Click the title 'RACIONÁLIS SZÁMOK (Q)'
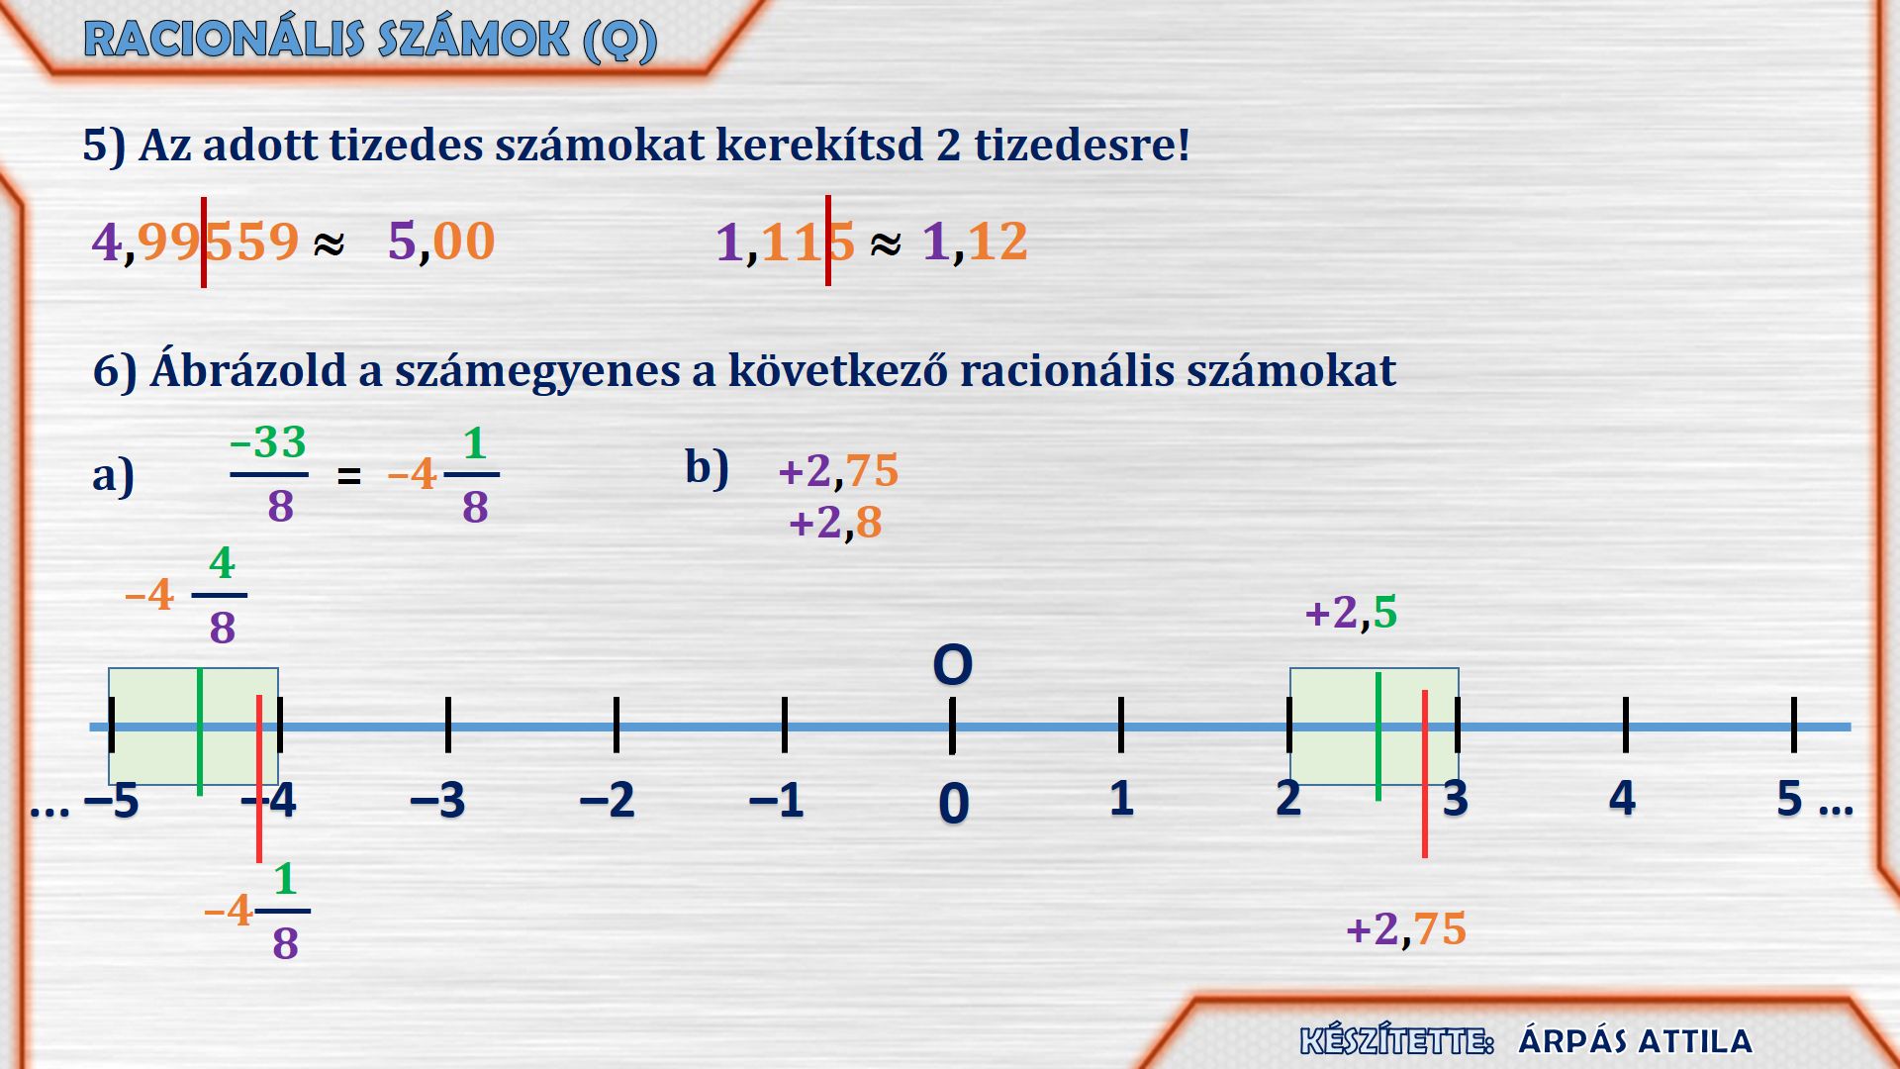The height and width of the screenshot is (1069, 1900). [370, 40]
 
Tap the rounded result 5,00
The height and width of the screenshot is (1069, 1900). [441, 242]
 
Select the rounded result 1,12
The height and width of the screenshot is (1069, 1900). [975, 242]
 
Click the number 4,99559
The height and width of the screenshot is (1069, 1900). [195, 242]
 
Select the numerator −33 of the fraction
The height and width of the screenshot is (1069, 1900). [268, 442]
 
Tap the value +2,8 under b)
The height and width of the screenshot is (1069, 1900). [835, 523]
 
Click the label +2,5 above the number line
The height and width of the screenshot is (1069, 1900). [1352, 613]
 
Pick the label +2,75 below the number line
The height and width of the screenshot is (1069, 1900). [1406, 929]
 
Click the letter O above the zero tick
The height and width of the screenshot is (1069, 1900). [953, 665]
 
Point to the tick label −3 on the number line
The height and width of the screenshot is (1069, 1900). [437, 800]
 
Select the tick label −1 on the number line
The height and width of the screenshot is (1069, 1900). [776, 800]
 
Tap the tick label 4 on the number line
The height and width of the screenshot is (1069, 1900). [1623, 798]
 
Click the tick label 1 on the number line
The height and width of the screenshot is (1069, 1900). [1121, 798]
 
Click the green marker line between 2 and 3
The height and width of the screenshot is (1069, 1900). [1378, 735]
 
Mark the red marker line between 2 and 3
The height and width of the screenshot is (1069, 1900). [1425, 774]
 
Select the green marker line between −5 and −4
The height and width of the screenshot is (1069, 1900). [200, 732]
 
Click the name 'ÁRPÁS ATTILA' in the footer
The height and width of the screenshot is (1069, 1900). [1636, 1041]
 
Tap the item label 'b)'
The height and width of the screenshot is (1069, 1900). [707, 467]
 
